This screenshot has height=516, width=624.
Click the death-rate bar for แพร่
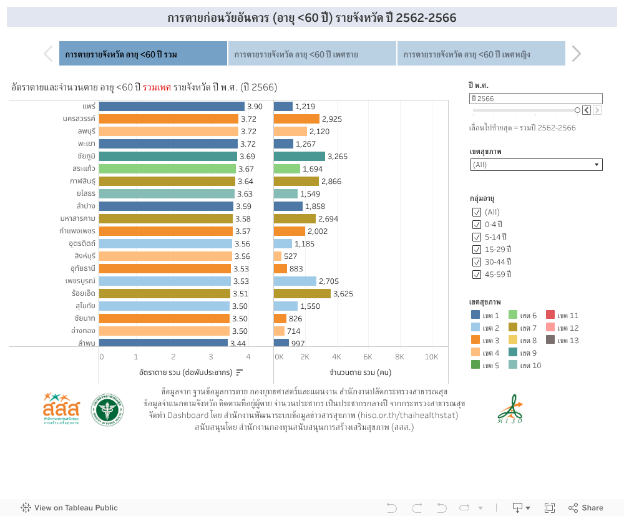coord(172,107)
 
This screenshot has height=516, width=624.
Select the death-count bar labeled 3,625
coord(302,294)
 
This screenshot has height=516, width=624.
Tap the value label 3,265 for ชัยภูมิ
coord(338,157)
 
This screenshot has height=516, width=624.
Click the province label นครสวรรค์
coord(79,119)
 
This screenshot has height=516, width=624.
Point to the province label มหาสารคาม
coord(77,219)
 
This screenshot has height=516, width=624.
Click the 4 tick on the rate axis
coord(248,357)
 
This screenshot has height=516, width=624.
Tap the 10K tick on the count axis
coord(431,357)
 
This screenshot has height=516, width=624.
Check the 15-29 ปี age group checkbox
coord(477,250)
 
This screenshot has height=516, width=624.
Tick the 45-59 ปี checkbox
coord(477,275)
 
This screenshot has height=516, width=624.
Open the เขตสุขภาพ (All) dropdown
coord(536,165)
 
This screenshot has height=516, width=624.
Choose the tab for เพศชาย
coord(312,54)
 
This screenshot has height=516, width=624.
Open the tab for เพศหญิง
coord(480,54)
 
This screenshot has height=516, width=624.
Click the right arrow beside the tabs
coord(576,54)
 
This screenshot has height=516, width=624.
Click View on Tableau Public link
coord(69,508)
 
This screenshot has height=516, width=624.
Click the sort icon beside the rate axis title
coord(239,372)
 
